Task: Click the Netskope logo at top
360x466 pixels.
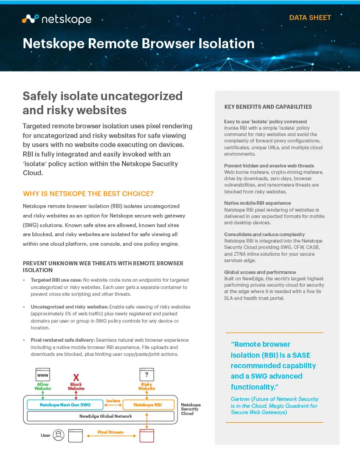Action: (x=56, y=19)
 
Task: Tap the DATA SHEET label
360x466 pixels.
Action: (x=310, y=18)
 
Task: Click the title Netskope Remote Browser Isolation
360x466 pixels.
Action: (x=138, y=44)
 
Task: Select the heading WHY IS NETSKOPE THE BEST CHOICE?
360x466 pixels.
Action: (x=88, y=193)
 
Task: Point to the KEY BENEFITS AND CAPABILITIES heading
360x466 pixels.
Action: (x=268, y=107)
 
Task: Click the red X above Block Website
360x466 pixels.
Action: (x=76, y=378)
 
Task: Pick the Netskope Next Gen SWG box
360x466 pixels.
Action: (x=65, y=405)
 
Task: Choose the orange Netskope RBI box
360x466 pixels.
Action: (x=147, y=405)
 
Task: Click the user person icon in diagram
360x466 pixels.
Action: (x=58, y=436)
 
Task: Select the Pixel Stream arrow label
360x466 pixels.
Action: (x=111, y=432)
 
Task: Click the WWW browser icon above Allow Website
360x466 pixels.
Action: (x=42, y=375)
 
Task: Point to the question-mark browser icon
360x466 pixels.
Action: (x=147, y=375)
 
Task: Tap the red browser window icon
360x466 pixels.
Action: (x=147, y=436)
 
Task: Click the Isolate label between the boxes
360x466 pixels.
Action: (x=113, y=400)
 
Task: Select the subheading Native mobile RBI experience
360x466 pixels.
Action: (x=257, y=203)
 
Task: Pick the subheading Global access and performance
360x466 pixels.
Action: (x=260, y=272)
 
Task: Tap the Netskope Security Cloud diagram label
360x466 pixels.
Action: (x=190, y=409)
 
